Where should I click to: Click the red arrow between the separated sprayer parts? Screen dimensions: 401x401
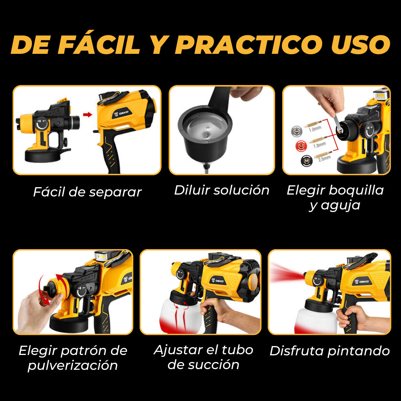click(88, 114)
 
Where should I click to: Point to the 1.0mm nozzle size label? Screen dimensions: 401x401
click(315, 128)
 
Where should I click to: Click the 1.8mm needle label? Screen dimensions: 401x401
click(320, 145)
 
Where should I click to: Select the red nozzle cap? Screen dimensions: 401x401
click(301, 146)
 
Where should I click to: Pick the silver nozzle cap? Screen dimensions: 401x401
click(296, 131)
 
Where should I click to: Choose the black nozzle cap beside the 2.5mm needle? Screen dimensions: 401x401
click(306, 161)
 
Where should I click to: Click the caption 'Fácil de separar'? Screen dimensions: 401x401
click(87, 192)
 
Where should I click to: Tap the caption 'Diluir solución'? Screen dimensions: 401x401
click(221, 190)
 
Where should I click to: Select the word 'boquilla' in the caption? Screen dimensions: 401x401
click(356, 190)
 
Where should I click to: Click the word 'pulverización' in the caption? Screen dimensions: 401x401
click(73, 365)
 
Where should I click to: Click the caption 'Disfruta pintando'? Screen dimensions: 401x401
click(330, 351)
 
